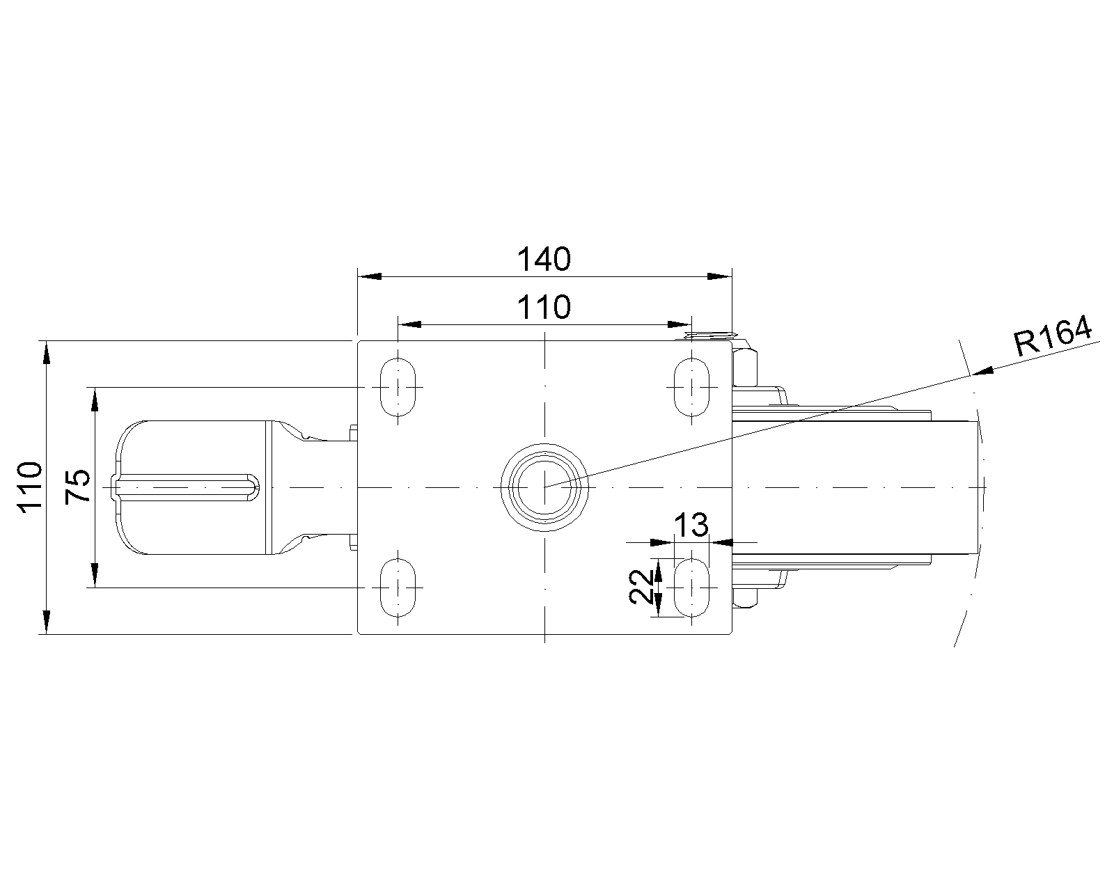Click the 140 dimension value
click(544, 260)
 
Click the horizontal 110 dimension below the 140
click(544, 308)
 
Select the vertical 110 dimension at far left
click(30, 487)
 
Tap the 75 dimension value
click(78, 487)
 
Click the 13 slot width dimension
click(691, 526)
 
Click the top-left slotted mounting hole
click(398, 387)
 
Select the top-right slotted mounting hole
click(691, 387)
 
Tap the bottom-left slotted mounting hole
click(398, 587)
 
